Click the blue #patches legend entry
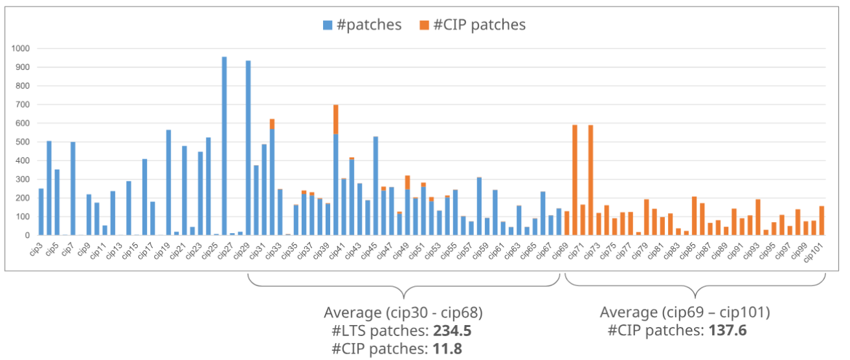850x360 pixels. pos(362,25)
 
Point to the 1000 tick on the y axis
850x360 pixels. pos(20,49)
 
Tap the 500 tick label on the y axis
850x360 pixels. pos(23,142)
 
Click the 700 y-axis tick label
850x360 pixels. pos(23,104)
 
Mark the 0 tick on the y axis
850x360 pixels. pos(28,236)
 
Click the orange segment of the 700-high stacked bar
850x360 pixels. pos(336,120)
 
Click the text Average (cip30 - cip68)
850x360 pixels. pos(403,313)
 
